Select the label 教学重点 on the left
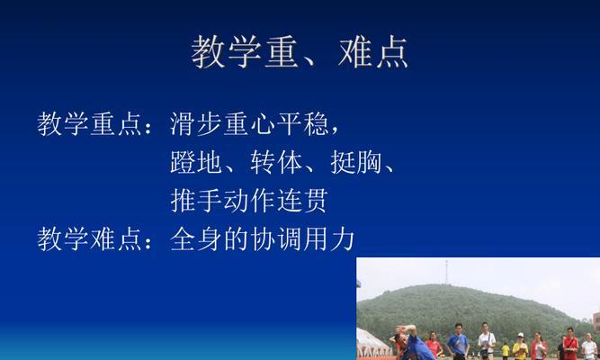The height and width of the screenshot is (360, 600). tap(90, 123)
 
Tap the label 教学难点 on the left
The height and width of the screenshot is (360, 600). tap(90, 239)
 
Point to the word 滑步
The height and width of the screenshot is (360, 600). tap(195, 123)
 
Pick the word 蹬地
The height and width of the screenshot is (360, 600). tap(195, 162)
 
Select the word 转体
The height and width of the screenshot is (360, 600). tap(276, 162)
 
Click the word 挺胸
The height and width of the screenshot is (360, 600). tap(356, 162)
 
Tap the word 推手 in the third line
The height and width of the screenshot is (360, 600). tap(195, 201)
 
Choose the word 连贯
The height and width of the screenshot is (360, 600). tap(302, 201)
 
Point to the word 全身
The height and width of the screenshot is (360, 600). tap(195, 239)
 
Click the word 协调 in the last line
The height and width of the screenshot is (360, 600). tap(276, 239)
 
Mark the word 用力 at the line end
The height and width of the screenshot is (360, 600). tap(328, 239)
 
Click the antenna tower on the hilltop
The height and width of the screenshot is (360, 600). tap(446, 272)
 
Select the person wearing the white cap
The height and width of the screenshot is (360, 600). tap(521, 346)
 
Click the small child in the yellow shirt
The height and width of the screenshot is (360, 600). tap(506, 350)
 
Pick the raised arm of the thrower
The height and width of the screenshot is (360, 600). tap(406, 329)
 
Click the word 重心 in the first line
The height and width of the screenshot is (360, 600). tap(249, 123)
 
